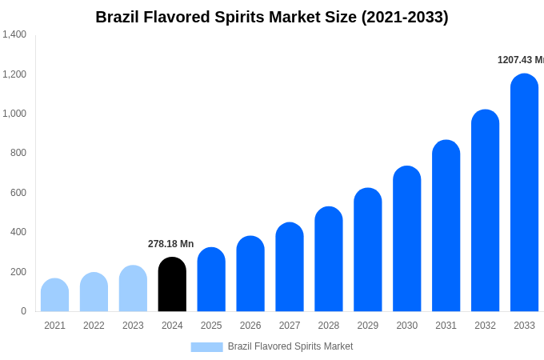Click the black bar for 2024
pos(172,285)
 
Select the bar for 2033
pos(524,193)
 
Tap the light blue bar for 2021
pos(54,295)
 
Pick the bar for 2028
pos(329,259)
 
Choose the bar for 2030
pos(407,239)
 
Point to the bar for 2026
pos(250,274)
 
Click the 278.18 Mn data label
pos(170,244)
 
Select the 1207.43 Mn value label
pos(520,60)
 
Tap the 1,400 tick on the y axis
pos(14,34)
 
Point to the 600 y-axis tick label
pos(18,193)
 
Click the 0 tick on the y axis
pos(23,311)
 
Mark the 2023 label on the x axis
pos(133,326)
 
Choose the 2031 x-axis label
pos(446,326)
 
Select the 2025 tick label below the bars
pos(211,326)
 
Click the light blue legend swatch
pos(206,346)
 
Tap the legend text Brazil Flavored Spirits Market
pos(290,346)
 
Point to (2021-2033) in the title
pos(405,17)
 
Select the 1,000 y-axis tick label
pos(14,114)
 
